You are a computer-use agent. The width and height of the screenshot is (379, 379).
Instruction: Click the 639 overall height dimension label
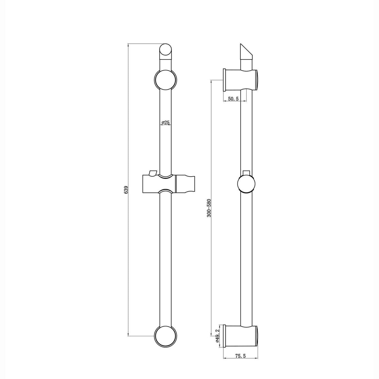126,189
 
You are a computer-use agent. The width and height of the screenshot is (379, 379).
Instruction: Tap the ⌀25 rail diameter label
166,122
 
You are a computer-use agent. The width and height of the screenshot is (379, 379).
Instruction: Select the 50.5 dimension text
233,99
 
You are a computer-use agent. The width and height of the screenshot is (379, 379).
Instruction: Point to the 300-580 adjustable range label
209,208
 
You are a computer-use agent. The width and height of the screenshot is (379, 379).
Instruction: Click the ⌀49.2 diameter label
217,336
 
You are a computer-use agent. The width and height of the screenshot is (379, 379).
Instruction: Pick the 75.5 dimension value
240,356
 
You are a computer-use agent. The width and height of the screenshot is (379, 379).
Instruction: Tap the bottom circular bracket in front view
166,336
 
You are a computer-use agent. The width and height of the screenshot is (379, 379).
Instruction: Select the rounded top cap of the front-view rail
166,51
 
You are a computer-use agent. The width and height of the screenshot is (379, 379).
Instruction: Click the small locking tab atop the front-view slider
153,172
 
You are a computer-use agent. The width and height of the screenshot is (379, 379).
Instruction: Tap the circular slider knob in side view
246,184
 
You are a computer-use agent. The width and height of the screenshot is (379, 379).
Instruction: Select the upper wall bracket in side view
241,80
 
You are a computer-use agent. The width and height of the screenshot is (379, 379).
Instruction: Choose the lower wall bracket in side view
241,336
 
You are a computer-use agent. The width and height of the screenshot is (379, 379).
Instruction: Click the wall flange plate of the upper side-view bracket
224,80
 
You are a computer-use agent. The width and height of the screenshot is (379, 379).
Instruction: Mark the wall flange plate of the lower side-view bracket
224,336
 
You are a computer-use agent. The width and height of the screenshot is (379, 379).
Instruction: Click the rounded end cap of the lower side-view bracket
257,336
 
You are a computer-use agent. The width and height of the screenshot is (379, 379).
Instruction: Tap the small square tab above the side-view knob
246,172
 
